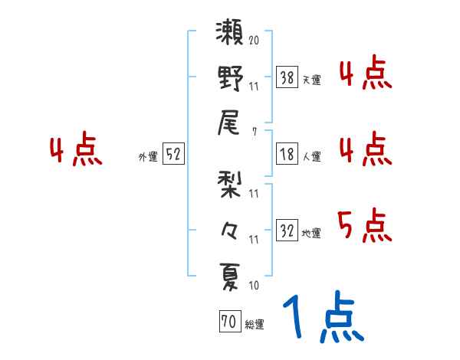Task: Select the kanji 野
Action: click(230, 78)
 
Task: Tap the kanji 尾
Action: click(230, 123)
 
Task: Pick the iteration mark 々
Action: click(230, 228)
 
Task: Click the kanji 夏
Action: click(230, 273)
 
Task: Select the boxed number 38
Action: click(287, 77)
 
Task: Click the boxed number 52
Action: click(173, 155)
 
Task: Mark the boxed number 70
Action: click(228, 322)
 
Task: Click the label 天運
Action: click(312, 80)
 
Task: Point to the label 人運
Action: click(312, 156)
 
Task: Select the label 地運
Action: click(312, 233)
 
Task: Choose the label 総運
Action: click(255, 325)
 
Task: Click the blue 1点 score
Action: click(323, 319)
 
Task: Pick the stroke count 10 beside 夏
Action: click(254, 286)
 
